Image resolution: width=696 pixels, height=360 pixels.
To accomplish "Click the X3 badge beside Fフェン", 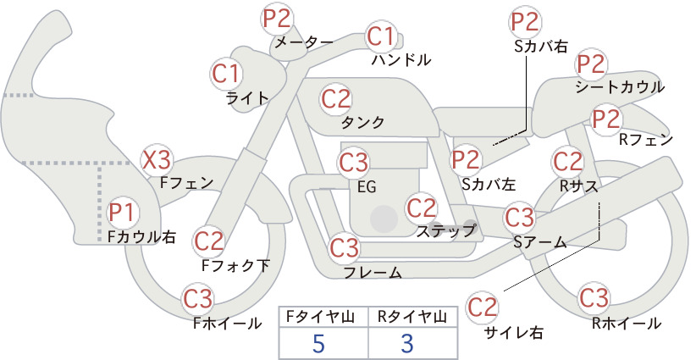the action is pos(157,160).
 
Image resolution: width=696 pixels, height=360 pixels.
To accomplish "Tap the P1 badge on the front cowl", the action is pos(122,213).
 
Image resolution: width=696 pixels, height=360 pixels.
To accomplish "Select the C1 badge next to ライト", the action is pos(226,75).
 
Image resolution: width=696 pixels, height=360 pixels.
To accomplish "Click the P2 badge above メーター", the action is pos(277,19).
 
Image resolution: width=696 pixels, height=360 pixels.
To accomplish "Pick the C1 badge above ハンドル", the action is pos(381,36).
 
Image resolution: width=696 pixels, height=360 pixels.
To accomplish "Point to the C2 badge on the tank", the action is pos(336,99).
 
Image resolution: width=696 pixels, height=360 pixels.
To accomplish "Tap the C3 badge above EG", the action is pos(353,163).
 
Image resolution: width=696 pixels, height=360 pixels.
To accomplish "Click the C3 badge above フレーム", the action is pos(345,247).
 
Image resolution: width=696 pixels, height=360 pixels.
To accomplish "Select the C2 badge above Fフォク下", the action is pos(209,241).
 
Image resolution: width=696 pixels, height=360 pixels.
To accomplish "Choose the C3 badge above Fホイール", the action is pos(198,300).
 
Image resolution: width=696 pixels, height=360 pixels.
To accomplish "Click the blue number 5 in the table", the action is pos(318,343).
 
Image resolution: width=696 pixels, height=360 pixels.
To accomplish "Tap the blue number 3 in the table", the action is pos(407,343).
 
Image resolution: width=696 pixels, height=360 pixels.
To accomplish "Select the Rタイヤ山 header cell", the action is pos(413,317).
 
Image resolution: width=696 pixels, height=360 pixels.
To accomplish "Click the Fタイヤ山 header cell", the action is pos(323,317).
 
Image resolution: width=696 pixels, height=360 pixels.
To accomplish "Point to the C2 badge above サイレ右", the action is pos(482,307).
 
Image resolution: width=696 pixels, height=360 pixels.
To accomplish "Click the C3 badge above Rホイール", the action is pos(594,298).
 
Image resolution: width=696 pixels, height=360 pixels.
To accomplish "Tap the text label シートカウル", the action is pos(620,87).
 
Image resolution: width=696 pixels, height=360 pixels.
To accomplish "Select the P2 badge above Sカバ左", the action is pos(466,160).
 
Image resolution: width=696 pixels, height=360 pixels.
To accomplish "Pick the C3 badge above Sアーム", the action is pos(519,218).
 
